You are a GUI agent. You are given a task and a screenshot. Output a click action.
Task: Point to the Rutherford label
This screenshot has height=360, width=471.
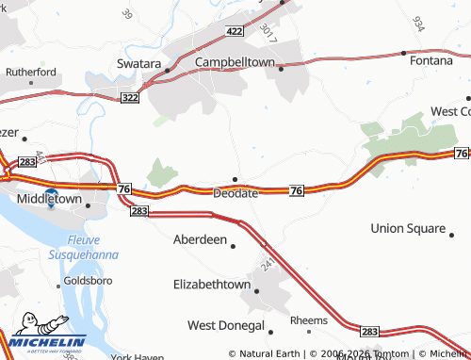(31, 72)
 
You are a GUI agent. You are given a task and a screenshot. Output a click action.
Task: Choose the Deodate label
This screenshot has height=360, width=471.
(235, 193)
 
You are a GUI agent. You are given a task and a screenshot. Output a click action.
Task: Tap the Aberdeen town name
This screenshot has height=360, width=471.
(200, 239)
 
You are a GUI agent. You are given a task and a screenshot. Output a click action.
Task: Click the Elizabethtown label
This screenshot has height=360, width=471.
(212, 284)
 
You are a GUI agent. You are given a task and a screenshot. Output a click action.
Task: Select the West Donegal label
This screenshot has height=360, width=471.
(225, 325)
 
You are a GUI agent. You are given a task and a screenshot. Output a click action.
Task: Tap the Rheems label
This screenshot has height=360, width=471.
(308, 320)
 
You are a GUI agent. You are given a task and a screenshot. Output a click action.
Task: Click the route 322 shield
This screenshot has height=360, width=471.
(131, 98)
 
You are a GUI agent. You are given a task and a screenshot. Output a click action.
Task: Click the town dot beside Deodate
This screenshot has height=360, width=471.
(235, 179)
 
